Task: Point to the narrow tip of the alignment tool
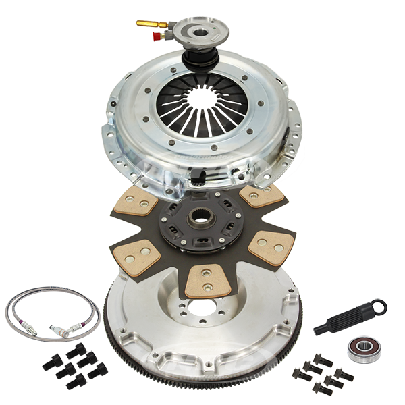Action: point(317,331)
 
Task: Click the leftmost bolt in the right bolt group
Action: point(298,373)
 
